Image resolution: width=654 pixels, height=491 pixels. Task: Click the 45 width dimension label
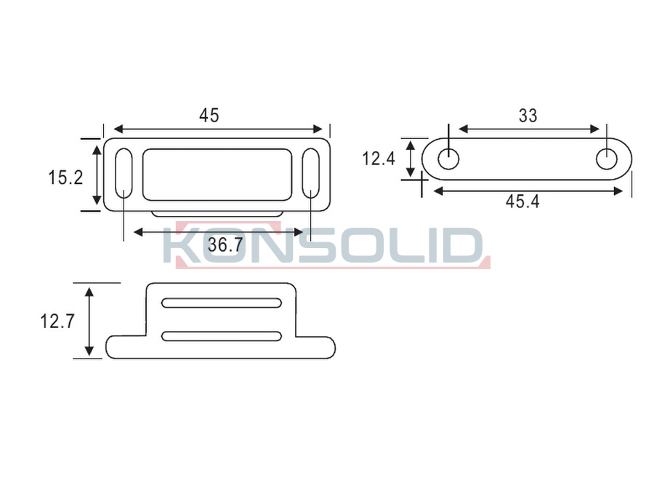coord(209,115)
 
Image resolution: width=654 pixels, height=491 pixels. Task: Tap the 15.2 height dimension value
coord(65,177)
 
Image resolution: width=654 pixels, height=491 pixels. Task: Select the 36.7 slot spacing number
coord(225,244)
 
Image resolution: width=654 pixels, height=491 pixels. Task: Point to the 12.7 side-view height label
coord(57,321)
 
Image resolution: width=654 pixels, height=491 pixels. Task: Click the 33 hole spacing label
coord(528,116)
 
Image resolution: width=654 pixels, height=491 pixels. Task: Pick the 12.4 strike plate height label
coord(378,159)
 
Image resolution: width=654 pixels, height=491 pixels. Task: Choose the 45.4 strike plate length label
coord(522,201)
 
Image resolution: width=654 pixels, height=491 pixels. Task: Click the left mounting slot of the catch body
coord(124,173)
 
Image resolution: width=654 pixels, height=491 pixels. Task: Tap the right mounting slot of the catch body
coord(311,173)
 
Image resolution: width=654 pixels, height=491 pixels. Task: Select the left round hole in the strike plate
coord(448,159)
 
